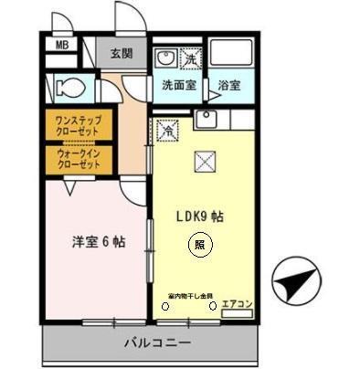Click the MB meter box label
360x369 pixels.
coord(61,46)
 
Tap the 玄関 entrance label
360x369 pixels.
coord(122,53)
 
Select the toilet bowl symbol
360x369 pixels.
coord(69,88)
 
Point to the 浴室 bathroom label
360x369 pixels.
coord(228,85)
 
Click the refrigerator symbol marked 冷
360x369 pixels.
coord(168,132)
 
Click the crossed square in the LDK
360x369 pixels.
coord(206,162)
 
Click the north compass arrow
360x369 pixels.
coord(299,284)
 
